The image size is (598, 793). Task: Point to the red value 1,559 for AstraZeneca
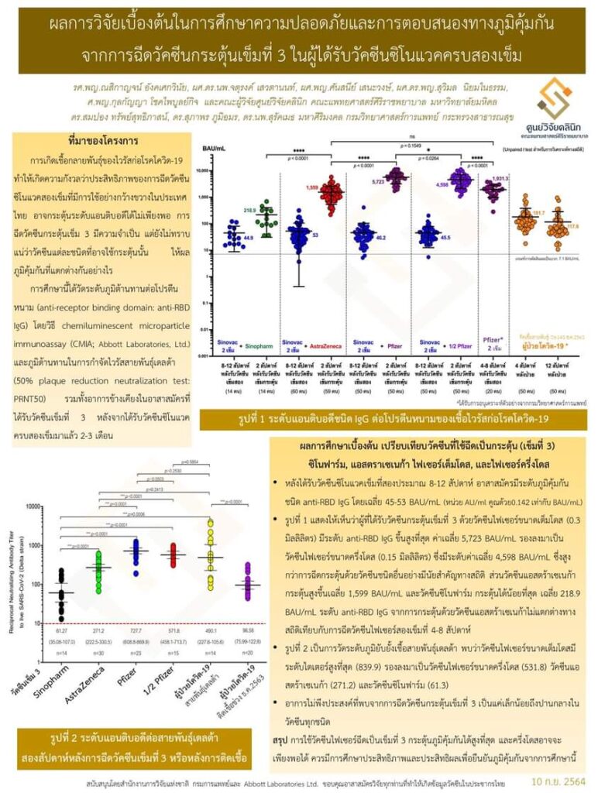(x=313, y=187)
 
